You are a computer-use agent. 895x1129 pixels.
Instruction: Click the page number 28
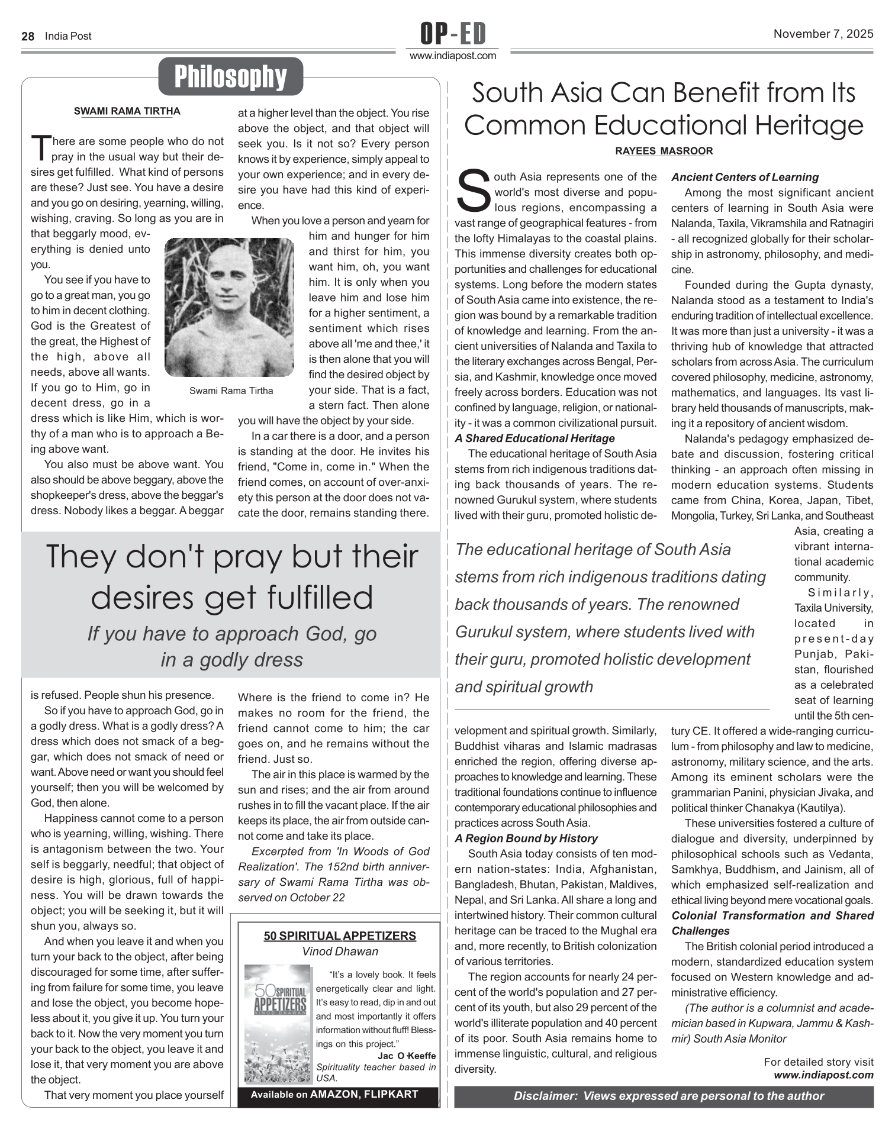27,36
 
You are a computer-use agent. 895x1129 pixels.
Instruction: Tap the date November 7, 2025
823,34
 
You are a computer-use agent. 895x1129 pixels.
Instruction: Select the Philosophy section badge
230,76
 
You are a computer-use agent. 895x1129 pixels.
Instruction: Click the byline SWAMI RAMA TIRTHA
127,111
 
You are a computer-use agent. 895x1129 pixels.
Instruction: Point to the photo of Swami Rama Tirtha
229,307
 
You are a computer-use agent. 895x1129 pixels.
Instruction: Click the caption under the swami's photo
231,391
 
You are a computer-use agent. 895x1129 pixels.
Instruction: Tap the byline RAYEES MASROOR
664,151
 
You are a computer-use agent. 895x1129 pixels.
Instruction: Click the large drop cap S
474,191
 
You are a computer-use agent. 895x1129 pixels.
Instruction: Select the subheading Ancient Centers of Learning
745,177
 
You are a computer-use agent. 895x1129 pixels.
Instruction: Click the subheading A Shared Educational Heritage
535,438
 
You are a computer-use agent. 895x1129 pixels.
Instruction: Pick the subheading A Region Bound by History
526,838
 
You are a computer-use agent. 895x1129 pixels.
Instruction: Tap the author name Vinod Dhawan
340,951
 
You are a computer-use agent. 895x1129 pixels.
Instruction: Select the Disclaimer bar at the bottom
664,1096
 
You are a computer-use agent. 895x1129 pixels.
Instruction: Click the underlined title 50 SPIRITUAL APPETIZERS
340,936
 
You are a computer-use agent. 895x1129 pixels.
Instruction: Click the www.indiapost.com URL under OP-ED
453,56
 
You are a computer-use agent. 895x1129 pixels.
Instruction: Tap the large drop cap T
41,148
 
